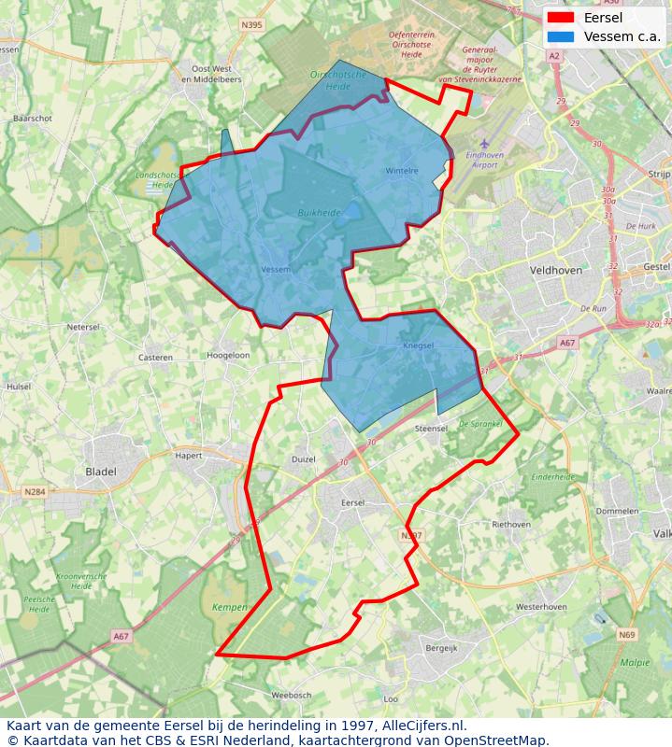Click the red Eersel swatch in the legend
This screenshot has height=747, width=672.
(561, 18)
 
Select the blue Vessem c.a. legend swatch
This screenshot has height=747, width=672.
(561, 36)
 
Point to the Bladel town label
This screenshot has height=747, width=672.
(101, 472)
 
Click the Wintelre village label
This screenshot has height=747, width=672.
(402, 171)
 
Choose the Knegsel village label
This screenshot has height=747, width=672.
(419, 345)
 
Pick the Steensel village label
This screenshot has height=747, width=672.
(432, 429)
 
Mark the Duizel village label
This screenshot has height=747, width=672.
(304, 459)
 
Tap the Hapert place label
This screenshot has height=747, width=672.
(189, 456)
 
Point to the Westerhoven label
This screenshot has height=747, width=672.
(541, 606)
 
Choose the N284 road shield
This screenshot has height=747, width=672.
(36, 491)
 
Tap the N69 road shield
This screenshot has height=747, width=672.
(625, 635)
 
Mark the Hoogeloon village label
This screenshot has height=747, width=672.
(228, 356)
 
